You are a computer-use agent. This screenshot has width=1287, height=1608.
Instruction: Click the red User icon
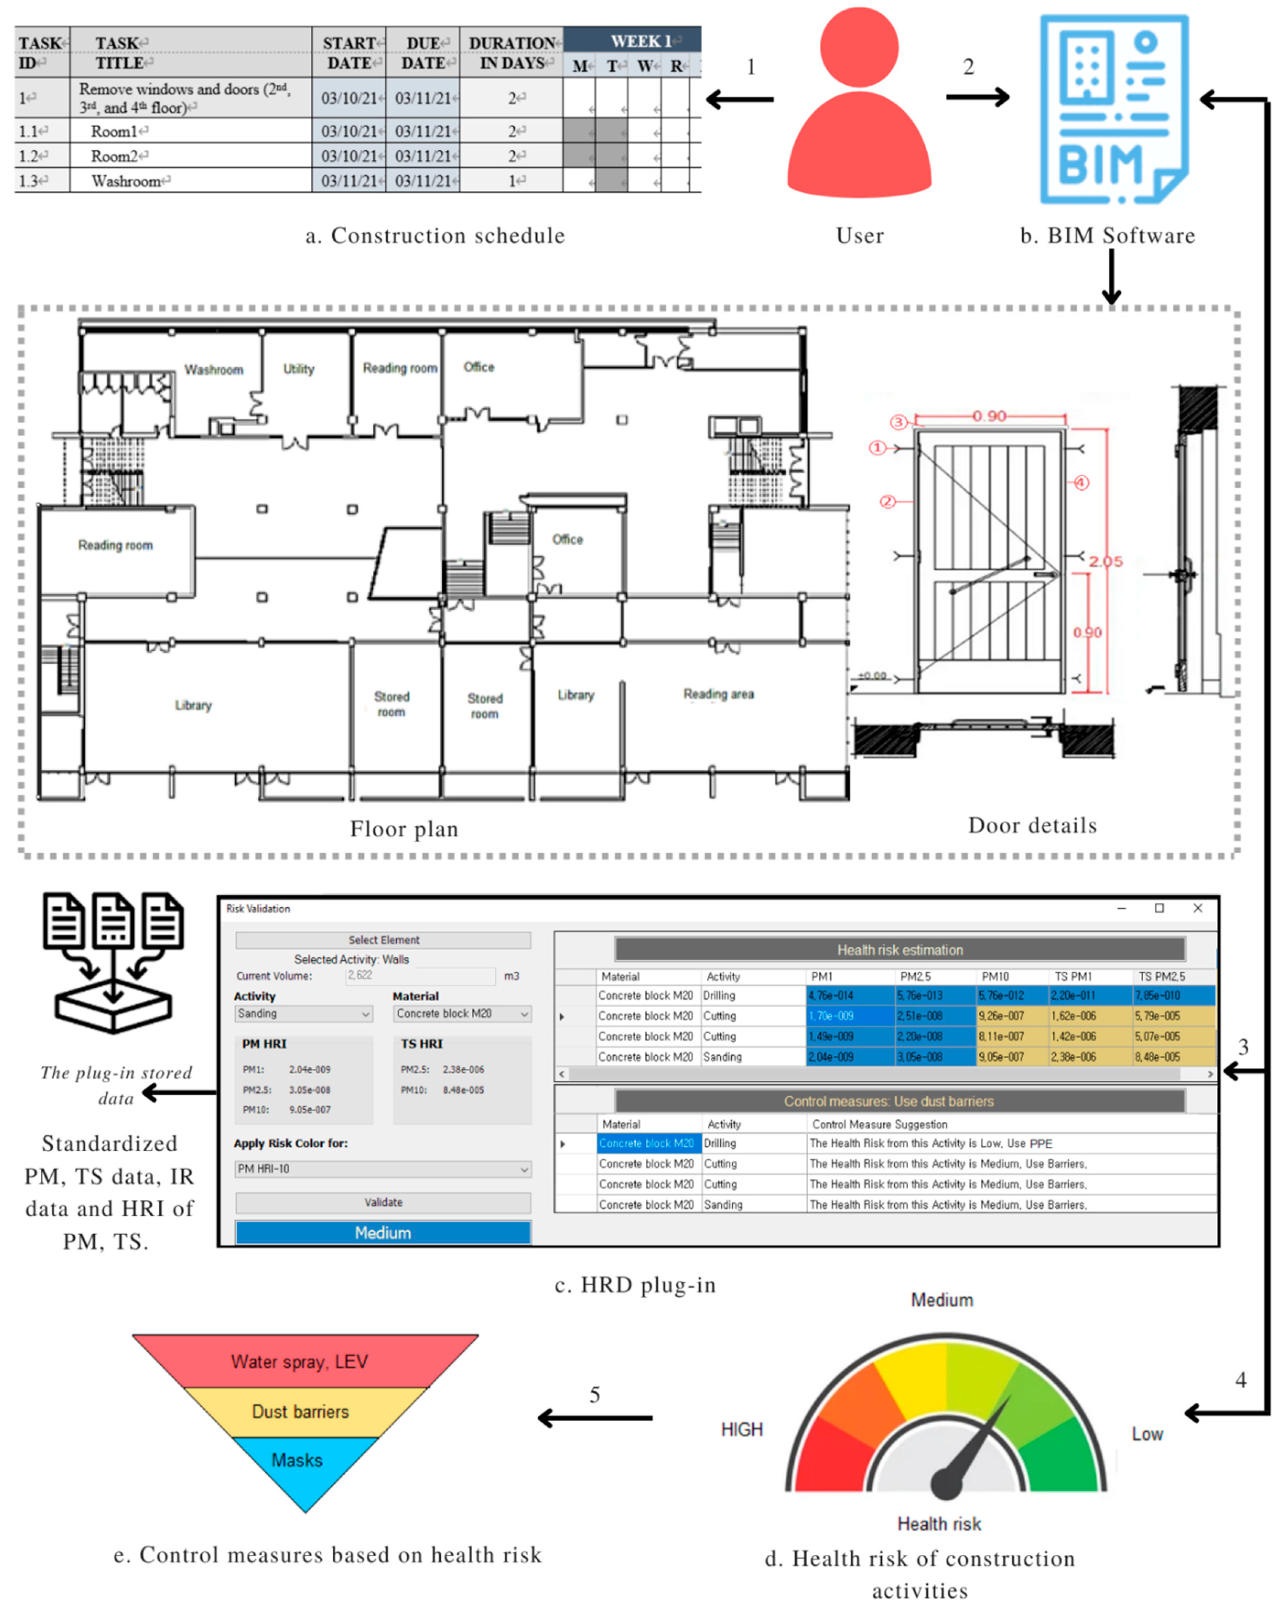tap(859, 104)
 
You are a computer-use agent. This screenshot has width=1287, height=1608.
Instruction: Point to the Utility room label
tap(298, 368)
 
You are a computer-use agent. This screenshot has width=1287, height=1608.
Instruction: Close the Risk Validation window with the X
tap(1197, 908)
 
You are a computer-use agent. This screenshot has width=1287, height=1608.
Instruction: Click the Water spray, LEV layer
tap(300, 1361)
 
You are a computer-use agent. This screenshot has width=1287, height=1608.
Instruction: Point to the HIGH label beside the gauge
tap(741, 1429)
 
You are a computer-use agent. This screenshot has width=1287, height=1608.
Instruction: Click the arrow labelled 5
tap(595, 1417)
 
